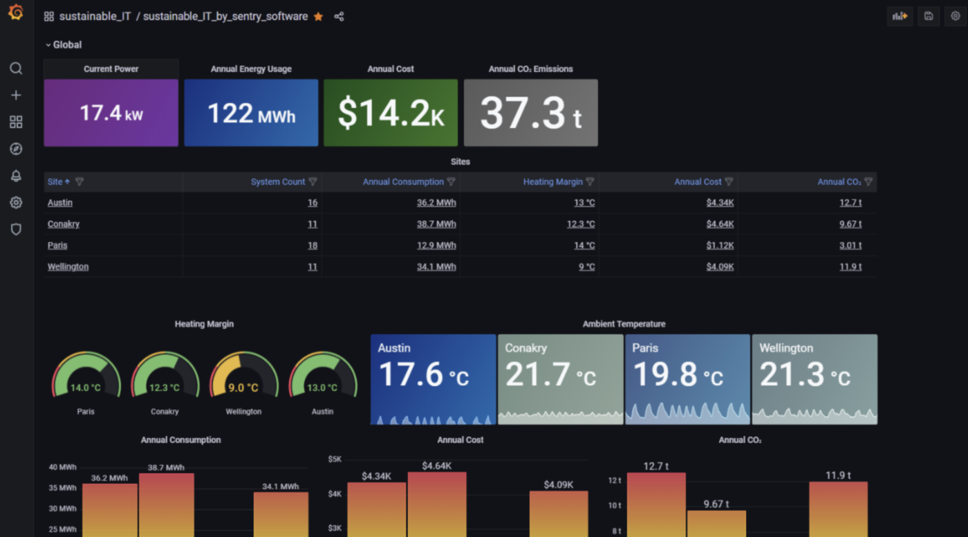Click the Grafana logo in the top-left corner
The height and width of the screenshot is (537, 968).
(x=16, y=12)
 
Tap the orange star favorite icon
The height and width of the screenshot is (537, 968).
(x=318, y=17)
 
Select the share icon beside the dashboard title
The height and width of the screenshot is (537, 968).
(x=339, y=17)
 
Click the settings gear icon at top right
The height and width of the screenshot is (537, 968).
(x=956, y=17)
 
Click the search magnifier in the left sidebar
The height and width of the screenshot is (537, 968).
(x=16, y=69)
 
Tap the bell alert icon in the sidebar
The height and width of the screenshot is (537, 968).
(x=16, y=176)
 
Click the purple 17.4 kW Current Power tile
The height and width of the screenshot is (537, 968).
(x=111, y=113)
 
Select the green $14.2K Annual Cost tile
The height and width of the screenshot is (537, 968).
(x=391, y=113)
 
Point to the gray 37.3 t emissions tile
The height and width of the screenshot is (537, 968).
(x=530, y=113)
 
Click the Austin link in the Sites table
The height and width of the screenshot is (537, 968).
(x=60, y=203)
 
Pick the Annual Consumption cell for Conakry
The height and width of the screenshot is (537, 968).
(x=436, y=224)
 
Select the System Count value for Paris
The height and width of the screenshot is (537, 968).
(x=312, y=246)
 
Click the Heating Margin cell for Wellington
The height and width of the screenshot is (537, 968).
(x=587, y=267)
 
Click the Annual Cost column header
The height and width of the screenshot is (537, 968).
(x=698, y=182)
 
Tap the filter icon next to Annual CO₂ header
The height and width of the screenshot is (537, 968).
(x=868, y=182)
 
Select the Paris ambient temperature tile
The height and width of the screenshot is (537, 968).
(x=687, y=379)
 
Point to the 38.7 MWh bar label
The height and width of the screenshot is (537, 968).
(x=166, y=468)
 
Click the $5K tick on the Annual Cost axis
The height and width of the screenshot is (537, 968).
(x=335, y=459)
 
